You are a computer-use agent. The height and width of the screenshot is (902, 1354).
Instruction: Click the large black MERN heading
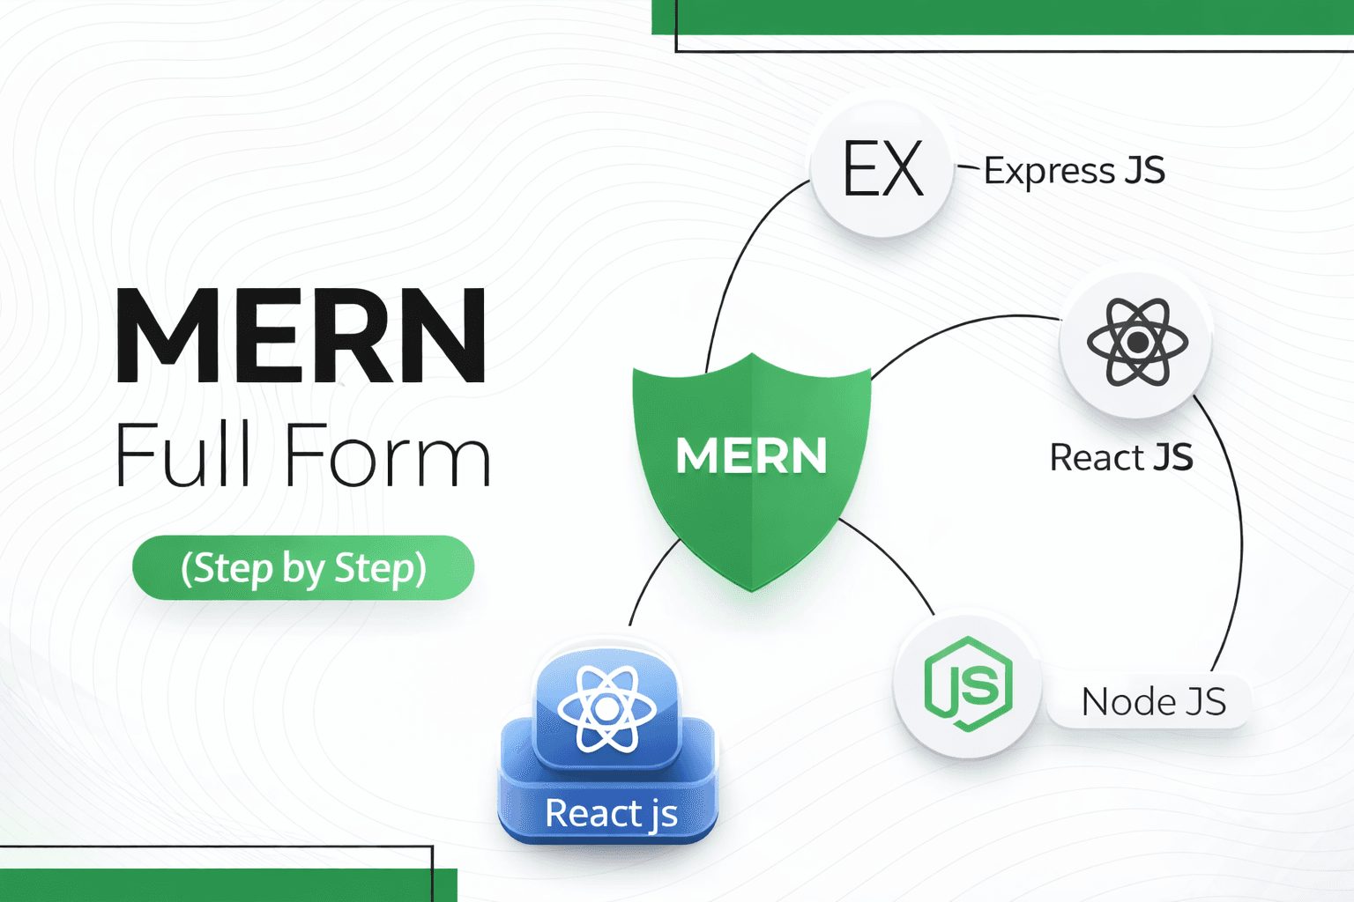point(301,336)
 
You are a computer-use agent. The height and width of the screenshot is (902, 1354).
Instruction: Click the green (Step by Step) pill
point(303,568)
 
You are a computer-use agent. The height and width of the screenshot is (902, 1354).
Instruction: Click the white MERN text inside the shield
point(751,455)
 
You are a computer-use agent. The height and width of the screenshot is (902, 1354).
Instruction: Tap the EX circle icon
point(882,167)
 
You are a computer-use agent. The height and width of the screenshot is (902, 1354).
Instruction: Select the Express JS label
point(1074,171)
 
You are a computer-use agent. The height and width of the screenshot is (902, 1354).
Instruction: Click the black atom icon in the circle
point(1137,342)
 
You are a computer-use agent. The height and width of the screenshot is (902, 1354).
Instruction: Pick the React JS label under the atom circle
point(1120,458)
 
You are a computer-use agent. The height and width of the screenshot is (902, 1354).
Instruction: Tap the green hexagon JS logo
point(968,684)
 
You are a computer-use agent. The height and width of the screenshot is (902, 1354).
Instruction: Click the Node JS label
point(1153,702)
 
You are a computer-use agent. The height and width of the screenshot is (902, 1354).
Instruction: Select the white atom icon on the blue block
point(606,709)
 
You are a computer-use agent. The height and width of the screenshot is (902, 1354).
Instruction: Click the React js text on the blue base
point(611,813)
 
